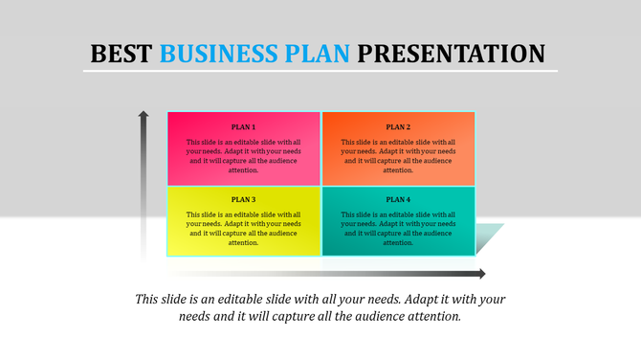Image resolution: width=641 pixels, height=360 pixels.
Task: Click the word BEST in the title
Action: [121, 53]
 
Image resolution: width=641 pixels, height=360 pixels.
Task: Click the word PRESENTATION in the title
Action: [453, 53]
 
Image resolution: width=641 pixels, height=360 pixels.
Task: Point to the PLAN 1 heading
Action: [243, 126]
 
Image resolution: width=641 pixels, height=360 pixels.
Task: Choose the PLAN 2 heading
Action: [398, 126]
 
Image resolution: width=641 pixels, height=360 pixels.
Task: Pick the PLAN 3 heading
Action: [243, 199]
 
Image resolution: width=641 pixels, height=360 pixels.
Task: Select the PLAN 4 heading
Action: [398, 199]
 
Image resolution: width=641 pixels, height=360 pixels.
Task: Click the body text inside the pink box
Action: [243, 156]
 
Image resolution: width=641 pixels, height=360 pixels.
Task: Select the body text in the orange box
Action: [398, 156]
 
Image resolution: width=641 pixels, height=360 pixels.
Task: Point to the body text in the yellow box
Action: [243, 228]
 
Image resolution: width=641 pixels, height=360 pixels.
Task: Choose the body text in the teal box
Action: [398, 228]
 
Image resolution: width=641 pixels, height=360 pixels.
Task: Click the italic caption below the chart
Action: [320, 307]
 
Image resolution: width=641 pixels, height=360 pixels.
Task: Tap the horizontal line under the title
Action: [320, 71]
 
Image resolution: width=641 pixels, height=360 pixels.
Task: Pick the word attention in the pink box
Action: [244, 170]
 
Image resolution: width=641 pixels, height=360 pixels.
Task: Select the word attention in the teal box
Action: [399, 243]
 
